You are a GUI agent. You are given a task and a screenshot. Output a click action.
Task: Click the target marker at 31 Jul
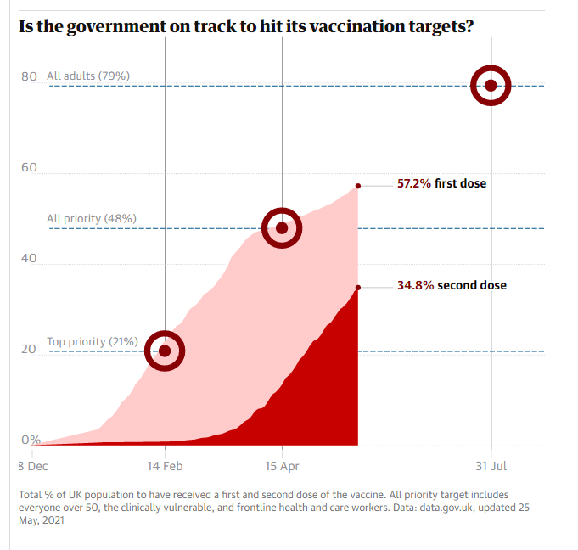pos(491,85)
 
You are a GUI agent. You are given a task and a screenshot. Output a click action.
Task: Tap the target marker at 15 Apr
pos(282,227)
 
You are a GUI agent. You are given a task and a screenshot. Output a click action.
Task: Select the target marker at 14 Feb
pos(165,351)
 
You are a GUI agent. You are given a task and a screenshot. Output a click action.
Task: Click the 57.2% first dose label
pos(441,182)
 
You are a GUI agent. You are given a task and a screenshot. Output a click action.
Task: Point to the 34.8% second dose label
pos(452,285)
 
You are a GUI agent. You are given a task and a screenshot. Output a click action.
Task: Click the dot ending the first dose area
pos(358,186)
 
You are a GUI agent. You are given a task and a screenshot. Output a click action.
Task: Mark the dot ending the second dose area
pos(358,288)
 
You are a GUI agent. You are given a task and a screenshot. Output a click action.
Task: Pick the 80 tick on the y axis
pos(29,76)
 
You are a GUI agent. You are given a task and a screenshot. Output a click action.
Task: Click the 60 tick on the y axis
pos(29,167)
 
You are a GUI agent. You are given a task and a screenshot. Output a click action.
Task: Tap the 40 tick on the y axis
pos(29,258)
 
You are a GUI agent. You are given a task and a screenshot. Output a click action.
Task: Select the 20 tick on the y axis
pos(29,349)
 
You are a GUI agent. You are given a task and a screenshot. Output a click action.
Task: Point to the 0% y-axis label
pos(31,440)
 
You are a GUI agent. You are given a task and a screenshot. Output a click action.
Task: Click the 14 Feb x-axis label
pos(165,465)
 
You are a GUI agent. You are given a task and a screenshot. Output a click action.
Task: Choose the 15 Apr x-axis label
pos(283,465)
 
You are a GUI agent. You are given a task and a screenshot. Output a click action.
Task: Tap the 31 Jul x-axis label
pos(491,465)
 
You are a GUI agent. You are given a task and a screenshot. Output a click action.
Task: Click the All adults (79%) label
pos(88,76)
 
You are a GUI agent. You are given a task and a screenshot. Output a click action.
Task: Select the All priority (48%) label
pos(92,218)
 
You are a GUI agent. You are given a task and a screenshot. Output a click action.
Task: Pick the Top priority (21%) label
pos(93,341)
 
